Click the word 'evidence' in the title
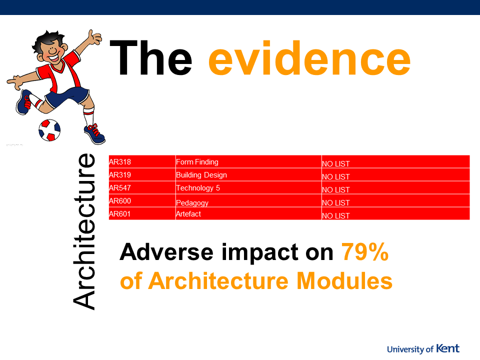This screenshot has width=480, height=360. [x=309, y=57]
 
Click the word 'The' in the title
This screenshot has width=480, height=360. [x=150, y=57]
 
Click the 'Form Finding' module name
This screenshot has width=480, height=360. [x=197, y=162]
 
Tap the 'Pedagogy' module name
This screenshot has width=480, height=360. [x=192, y=203]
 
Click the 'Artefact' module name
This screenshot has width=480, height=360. [x=188, y=214]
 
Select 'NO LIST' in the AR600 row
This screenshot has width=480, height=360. [x=336, y=203]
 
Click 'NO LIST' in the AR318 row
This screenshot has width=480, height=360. [x=336, y=164]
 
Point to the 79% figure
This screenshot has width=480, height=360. [x=365, y=252]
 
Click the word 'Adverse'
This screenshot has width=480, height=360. [x=166, y=252]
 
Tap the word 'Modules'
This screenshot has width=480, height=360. [x=344, y=280]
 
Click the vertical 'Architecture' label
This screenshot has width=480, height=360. [x=84, y=231]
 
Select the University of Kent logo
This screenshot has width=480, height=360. [x=423, y=348]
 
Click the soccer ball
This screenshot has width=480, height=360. [x=49, y=130]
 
